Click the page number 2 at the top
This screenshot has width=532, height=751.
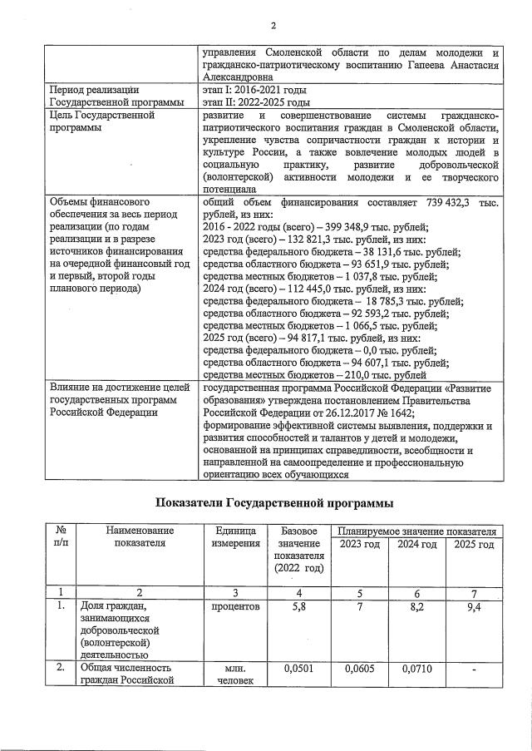click(273, 26)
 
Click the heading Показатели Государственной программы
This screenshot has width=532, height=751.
click(273, 502)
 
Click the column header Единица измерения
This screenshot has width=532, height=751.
click(236, 537)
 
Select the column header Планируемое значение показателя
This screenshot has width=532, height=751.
click(416, 531)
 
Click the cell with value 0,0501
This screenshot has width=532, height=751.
click(302, 668)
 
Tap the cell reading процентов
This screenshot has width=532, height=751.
click(236, 608)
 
